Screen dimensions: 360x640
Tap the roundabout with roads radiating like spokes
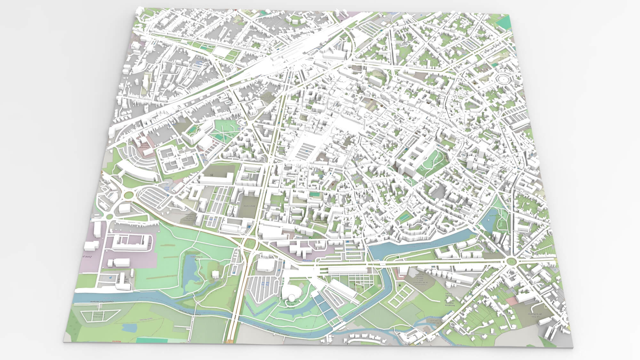tap(511, 261)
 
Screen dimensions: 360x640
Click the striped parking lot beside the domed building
tap(262, 285)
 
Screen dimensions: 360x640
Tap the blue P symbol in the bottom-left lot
tap(111, 278)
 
